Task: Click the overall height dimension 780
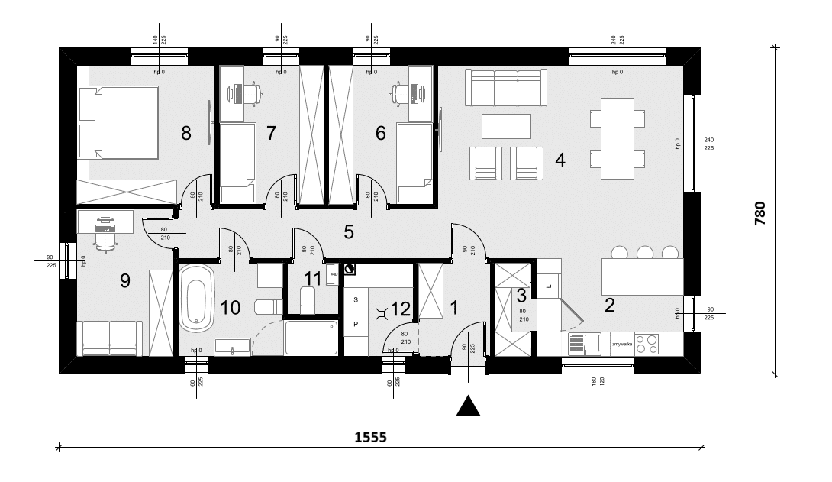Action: tap(759, 209)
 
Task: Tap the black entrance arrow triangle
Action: tap(469, 406)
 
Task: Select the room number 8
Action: tap(185, 134)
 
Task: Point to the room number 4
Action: tap(560, 161)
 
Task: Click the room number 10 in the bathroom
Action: tap(230, 307)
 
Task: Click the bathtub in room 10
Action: tap(196, 298)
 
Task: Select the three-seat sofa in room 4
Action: tap(507, 88)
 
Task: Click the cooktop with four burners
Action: tap(647, 344)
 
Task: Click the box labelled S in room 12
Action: tap(356, 301)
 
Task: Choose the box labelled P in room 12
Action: tap(356, 323)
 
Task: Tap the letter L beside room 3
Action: tap(548, 286)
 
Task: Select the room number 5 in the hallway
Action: tap(349, 232)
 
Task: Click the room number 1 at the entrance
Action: tap(454, 308)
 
